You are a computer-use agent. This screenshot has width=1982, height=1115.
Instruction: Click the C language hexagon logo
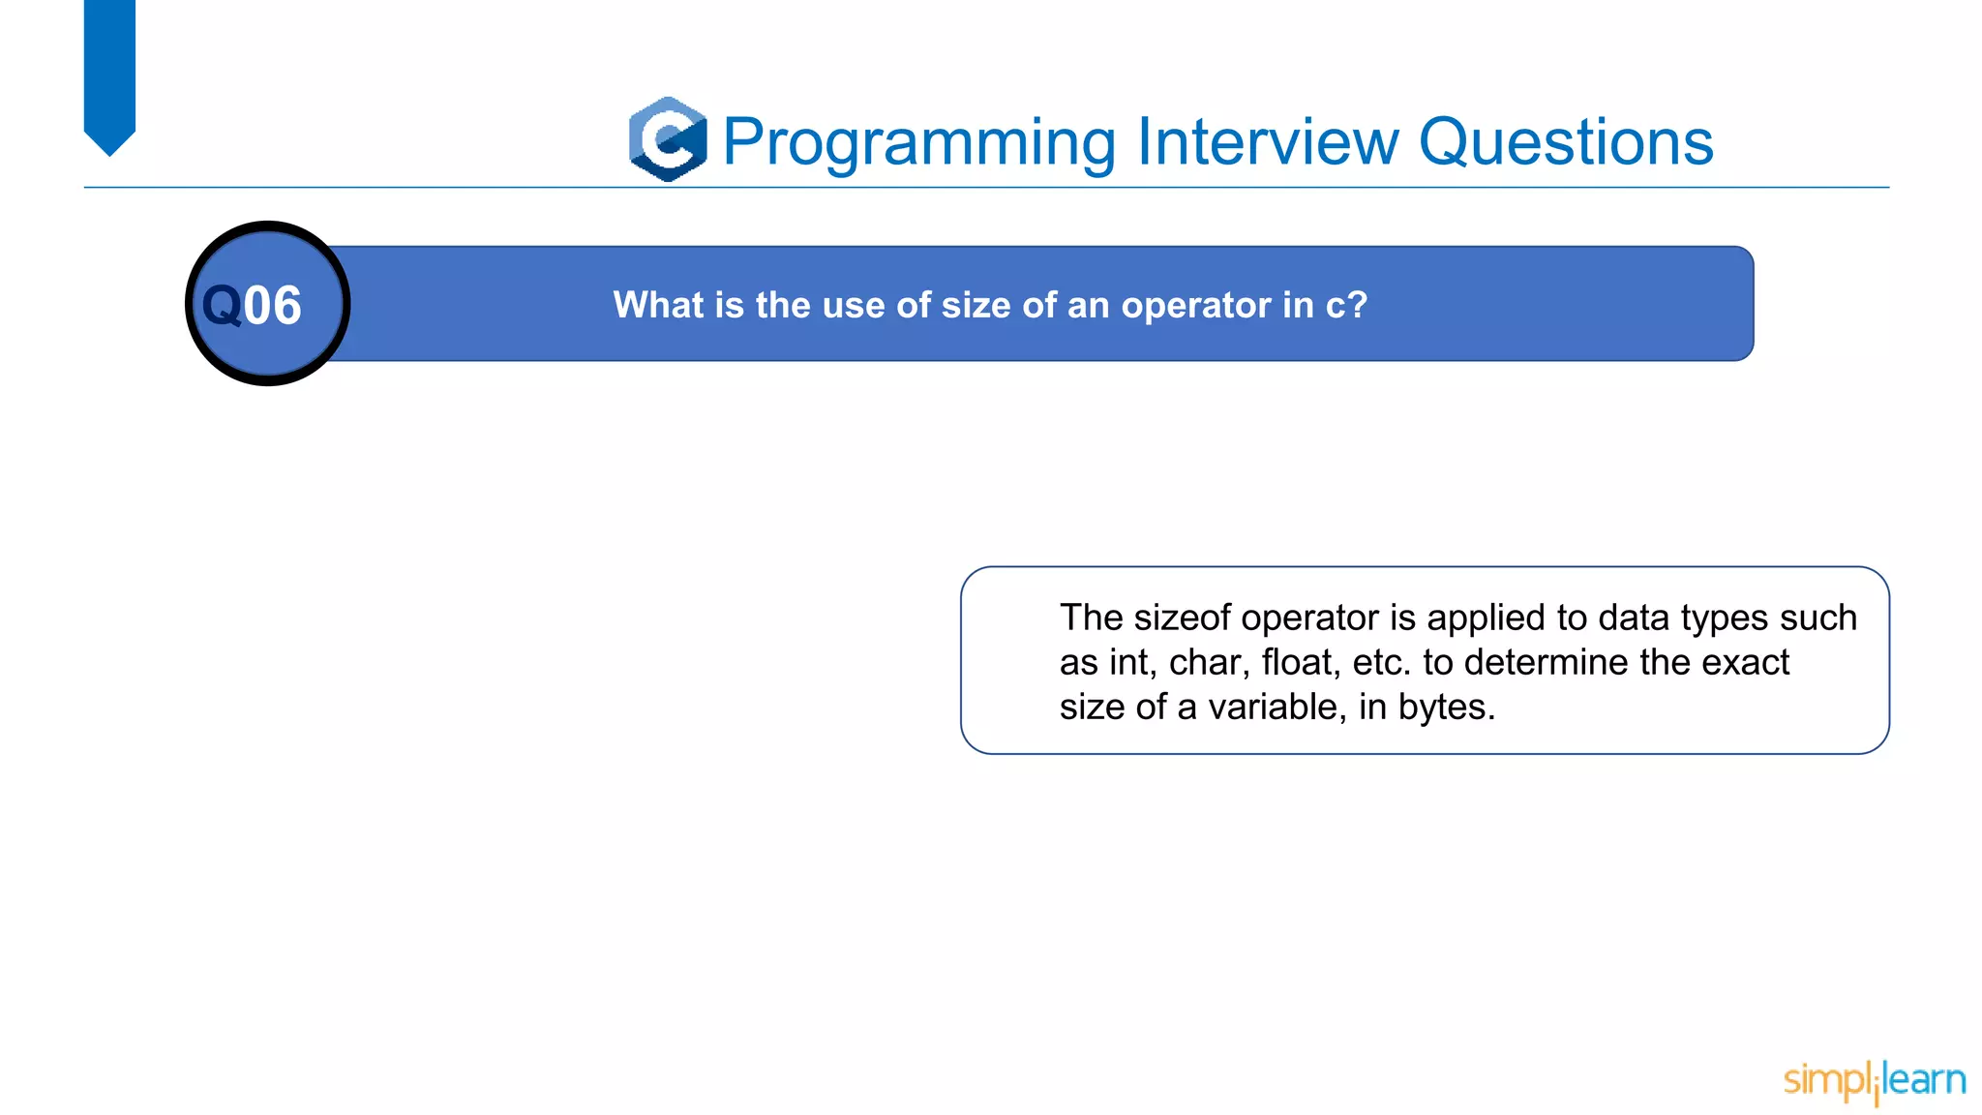coord(668,139)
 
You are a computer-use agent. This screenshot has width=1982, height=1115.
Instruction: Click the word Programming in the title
coord(919,142)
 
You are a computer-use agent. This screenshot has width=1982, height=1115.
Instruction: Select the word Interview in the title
coord(1268,142)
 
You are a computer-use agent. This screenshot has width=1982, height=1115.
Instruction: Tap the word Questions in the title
coord(1565,142)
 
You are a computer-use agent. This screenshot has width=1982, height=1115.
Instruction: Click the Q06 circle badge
coord(267,304)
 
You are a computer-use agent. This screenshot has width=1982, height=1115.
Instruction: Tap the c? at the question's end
coord(1346,306)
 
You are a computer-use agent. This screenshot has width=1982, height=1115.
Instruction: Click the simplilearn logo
coord(1874,1080)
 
